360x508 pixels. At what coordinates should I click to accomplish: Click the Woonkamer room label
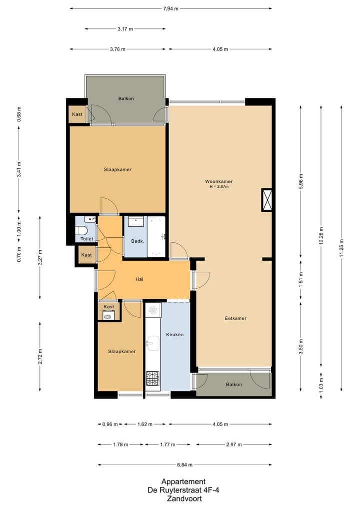tap(218, 181)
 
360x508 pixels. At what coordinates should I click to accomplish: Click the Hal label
tap(140, 279)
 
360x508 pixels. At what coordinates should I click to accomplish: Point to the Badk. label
tap(137, 241)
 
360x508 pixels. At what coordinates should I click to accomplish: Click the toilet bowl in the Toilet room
tap(82, 230)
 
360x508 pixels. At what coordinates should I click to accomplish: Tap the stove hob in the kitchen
tap(152, 378)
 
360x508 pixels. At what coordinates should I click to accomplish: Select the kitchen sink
tap(152, 343)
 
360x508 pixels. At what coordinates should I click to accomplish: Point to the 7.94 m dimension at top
tap(171, 8)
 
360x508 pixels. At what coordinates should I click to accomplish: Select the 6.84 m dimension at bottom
tap(185, 465)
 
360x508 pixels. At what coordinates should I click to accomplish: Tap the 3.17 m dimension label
tap(125, 29)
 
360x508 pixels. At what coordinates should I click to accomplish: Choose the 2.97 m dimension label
tap(233, 444)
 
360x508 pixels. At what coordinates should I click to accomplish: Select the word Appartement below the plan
tap(183, 482)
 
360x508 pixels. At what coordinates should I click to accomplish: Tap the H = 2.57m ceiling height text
tap(218, 187)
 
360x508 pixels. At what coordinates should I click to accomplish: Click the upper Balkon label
tap(126, 98)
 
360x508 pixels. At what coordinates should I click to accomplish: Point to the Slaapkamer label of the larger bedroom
tap(117, 169)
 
